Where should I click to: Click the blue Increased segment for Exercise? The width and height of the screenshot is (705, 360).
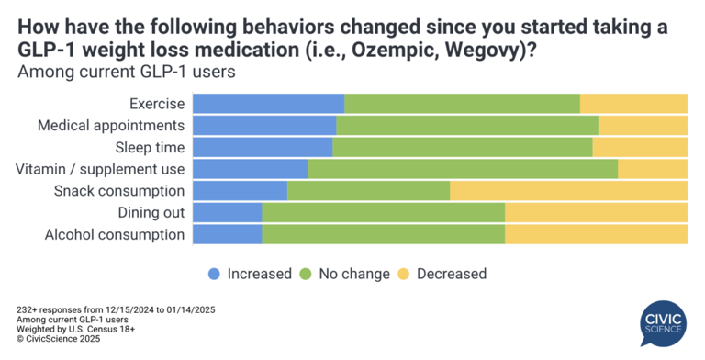[268, 104]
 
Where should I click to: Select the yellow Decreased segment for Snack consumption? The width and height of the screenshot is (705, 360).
[568, 191]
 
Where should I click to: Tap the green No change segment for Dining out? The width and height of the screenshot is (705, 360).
[383, 213]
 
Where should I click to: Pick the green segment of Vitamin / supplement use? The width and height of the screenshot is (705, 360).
[463, 169]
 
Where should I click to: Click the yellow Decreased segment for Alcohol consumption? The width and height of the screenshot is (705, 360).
[596, 235]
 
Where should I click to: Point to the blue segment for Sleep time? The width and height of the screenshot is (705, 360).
[262, 147]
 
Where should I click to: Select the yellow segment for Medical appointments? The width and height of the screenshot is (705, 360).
[643, 126]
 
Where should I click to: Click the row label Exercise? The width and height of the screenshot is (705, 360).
[157, 104]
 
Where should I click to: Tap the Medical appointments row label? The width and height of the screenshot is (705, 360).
[111, 126]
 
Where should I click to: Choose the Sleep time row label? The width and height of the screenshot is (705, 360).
[150, 147]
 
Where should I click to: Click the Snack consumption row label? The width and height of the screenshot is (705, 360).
[119, 191]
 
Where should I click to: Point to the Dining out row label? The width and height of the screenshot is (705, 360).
[151, 213]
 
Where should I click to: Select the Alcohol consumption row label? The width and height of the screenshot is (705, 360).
[115, 235]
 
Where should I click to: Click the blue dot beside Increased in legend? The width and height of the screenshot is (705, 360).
[214, 274]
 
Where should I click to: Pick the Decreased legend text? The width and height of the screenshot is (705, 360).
[451, 274]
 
